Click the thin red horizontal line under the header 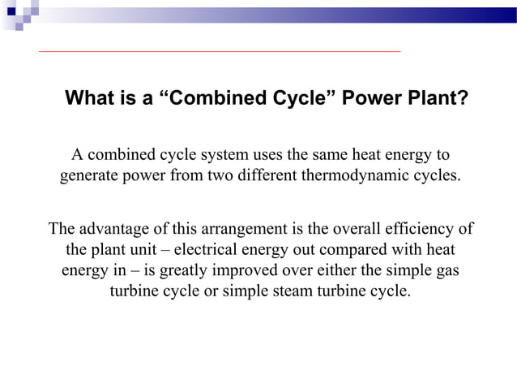point(219,52)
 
